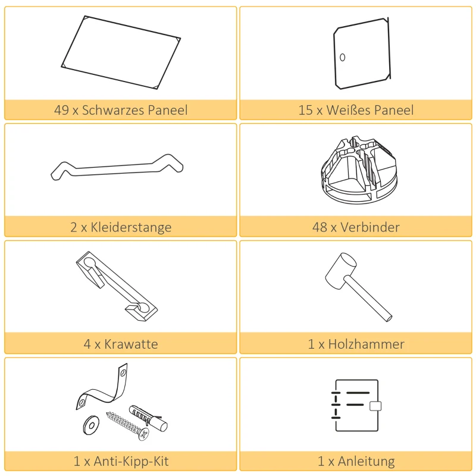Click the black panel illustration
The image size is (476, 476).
click(x=121, y=52)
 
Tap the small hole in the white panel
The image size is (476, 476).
click(x=342, y=58)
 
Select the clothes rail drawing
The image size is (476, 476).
click(x=117, y=167)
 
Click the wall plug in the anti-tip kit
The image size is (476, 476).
click(x=148, y=417)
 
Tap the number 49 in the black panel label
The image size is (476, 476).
click(x=61, y=110)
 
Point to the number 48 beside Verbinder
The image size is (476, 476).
click(x=320, y=227)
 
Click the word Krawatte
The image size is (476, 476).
click(x=131, y=344)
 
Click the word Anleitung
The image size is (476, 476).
click(x=365, y=461)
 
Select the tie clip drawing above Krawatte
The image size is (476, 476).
click(x=117, y=284)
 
